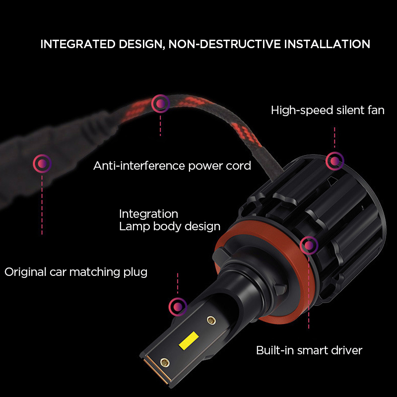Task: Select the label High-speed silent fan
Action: (x=328, y=110)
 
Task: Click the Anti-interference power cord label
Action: (x=172, y=166)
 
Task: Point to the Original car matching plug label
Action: (x=76, y=272)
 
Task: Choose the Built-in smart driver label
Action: (x=309, y=350)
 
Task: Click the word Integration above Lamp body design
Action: (x=148, y=214)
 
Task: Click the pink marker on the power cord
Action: (x=160, y=103)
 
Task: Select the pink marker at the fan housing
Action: (x=334, y=160)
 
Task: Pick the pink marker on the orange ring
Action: (x=309, y=245)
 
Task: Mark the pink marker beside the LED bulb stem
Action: (x=177, y=306)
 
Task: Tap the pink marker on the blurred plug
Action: (x=42, y=163)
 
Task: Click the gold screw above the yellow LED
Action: (x=210, y=320)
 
